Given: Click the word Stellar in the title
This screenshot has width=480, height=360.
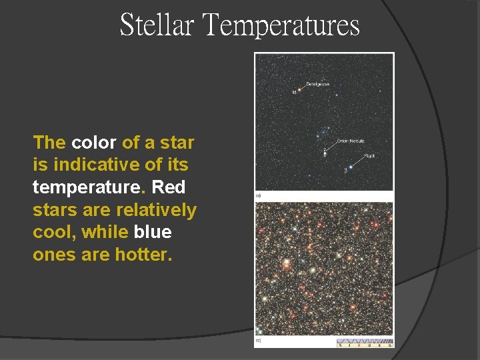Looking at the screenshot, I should (157, 25).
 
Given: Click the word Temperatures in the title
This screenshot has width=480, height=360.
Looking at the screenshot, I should (281, 25).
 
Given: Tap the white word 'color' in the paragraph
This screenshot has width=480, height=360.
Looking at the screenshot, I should (94, 143).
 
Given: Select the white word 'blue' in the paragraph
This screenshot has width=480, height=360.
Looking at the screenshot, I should (153, 233).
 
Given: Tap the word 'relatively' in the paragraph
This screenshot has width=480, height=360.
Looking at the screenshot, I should (156, 210).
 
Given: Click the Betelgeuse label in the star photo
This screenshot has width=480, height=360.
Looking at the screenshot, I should (318, 84).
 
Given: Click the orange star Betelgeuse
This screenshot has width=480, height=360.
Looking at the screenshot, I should (299, 90).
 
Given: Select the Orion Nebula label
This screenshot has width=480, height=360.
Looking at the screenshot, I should (350, 141).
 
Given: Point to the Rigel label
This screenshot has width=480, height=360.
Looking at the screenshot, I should (369, 156).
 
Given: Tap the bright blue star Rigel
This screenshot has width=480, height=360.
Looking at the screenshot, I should (351, 167).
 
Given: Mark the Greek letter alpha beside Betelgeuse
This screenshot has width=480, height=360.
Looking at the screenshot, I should (294, 92).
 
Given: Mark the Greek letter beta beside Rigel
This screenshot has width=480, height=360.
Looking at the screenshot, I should (345, 171).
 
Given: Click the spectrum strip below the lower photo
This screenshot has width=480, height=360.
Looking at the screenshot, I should (364, 343).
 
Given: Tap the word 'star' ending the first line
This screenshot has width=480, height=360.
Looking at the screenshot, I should (177, 143).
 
